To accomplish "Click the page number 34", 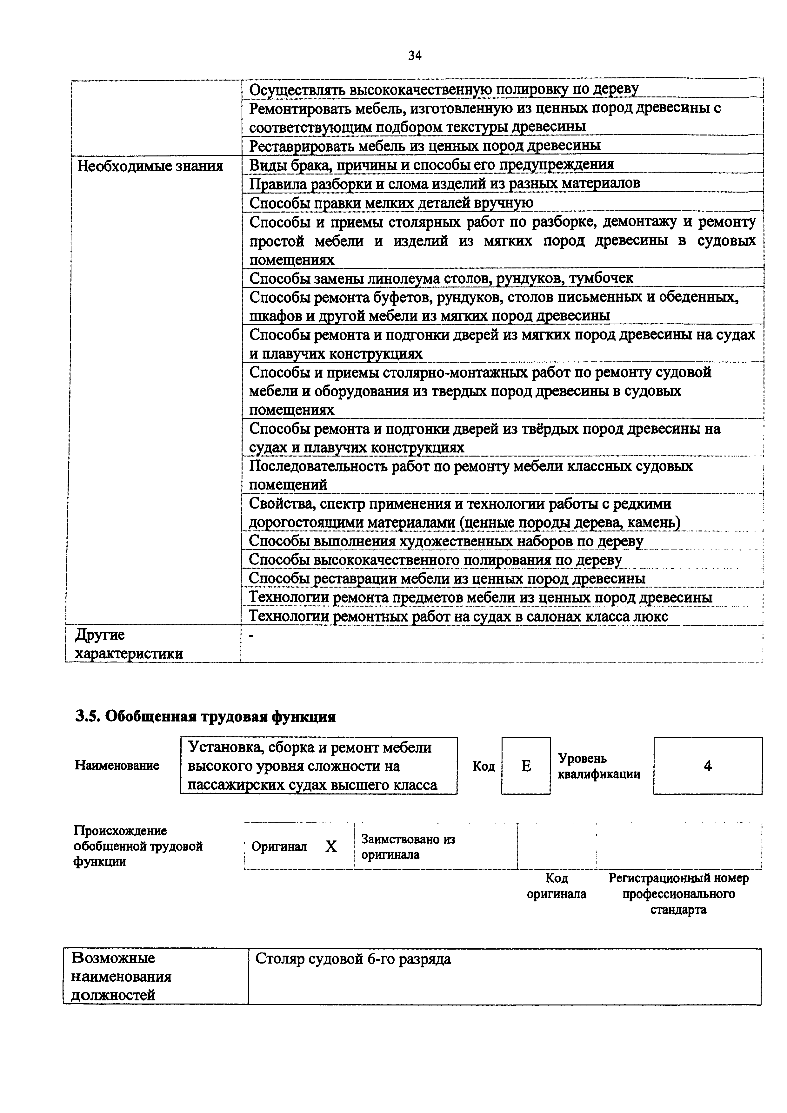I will (x=415, y=56).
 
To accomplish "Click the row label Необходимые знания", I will (x=150, y=166).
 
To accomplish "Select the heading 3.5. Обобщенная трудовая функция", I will (x=206, y=716).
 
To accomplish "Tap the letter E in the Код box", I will (x=526, y=766).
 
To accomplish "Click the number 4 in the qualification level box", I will (x=708, y=766).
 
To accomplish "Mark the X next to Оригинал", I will (x=331, y=846).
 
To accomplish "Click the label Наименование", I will (x=117, y=766).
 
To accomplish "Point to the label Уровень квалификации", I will (x=599, y=766).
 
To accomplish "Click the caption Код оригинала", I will (x=556, y=886).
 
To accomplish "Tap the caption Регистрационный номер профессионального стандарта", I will (x=678, y=894).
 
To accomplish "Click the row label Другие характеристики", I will (x=129, y=644).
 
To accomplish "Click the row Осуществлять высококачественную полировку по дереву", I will (x=444, y=89).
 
